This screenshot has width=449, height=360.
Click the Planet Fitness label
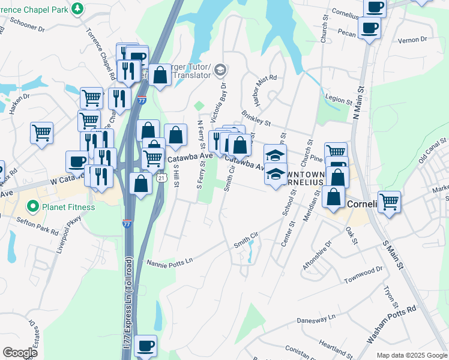68,208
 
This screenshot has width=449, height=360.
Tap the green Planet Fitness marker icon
34,208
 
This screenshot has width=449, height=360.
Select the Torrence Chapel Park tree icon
77,8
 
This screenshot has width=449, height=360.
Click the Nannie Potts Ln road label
172,261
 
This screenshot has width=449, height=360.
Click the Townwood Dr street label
363,277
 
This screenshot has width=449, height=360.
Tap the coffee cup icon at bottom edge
146,346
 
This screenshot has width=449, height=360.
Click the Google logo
20,353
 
